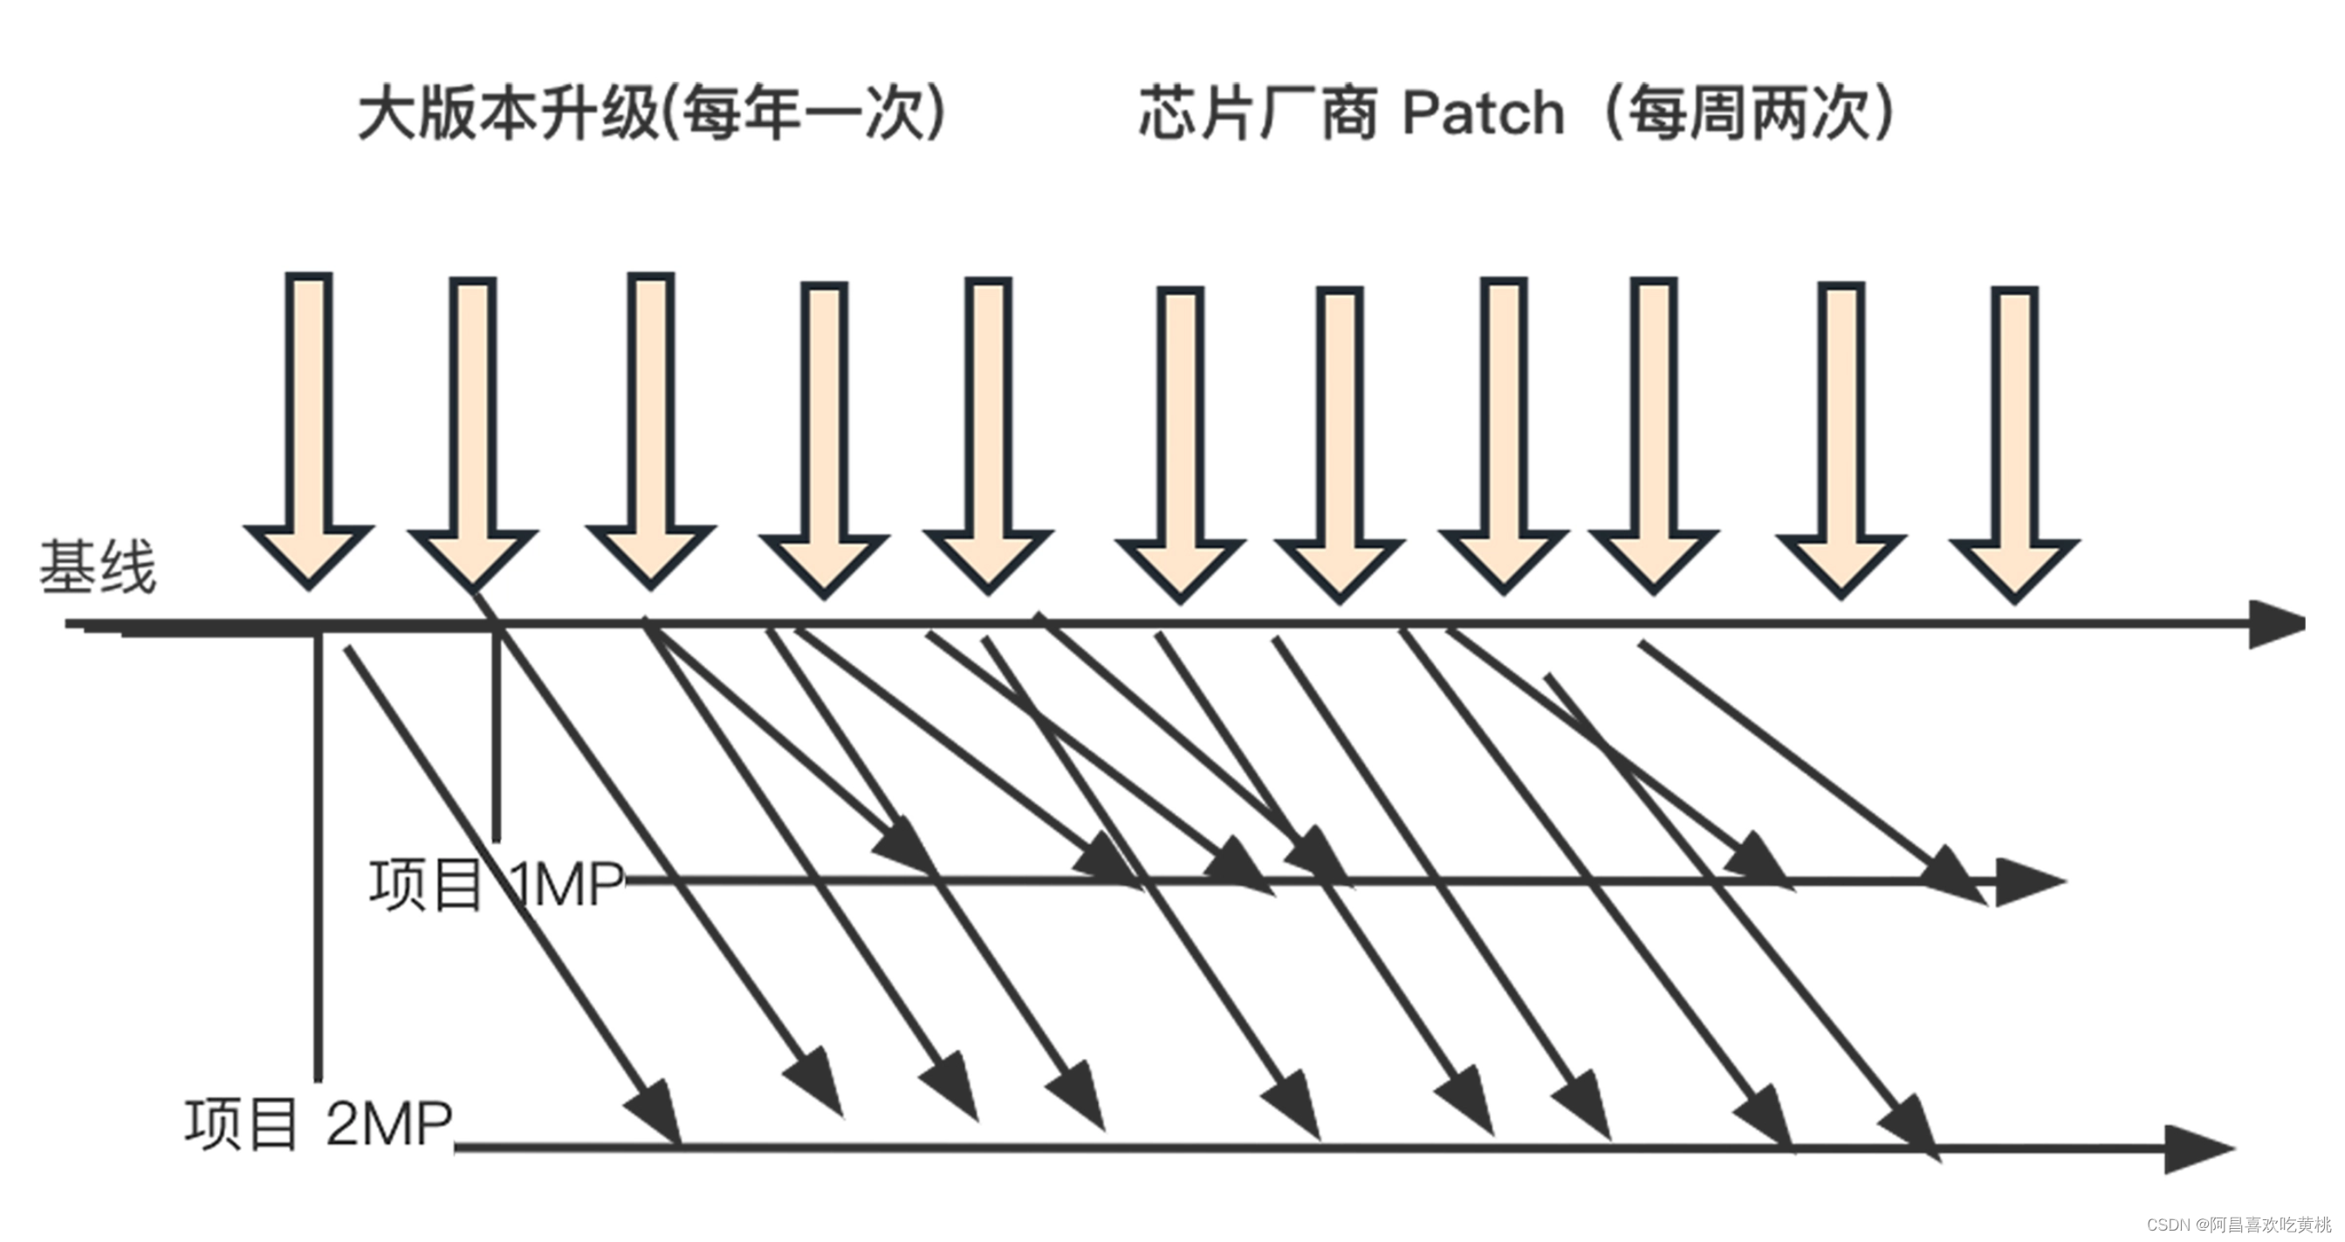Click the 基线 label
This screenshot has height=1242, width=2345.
tap(98, 567)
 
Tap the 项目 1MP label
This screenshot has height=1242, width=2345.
tap(496, 885)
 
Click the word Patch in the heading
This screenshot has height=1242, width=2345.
tap(1483, 113)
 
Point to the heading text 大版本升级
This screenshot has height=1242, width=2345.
tap(508, 113)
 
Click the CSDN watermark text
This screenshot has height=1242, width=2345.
tap(2239, 1225)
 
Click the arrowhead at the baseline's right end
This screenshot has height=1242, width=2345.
tap(2276, 625)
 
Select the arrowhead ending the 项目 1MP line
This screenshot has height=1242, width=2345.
tap(2028, 882)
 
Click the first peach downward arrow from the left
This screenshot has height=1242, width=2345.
tap(310, 428)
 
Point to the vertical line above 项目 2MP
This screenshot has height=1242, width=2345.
tap(318, 856)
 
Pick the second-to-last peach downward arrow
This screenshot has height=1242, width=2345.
tap(1841, 437)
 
